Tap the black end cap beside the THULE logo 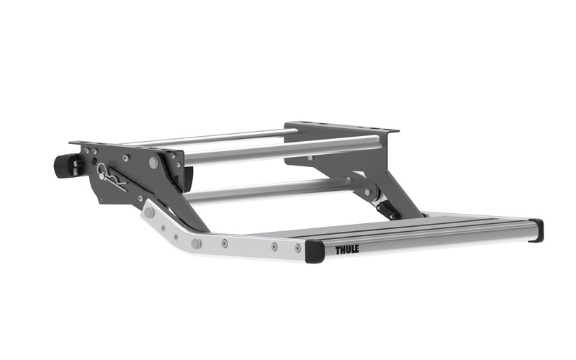click(x=315, y=251)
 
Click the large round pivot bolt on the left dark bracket click(x=153, y=163)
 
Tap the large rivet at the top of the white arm click(x=149, y=213)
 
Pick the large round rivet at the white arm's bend click(x=196, y=243)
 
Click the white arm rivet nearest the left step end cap click(x=297, y=248)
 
